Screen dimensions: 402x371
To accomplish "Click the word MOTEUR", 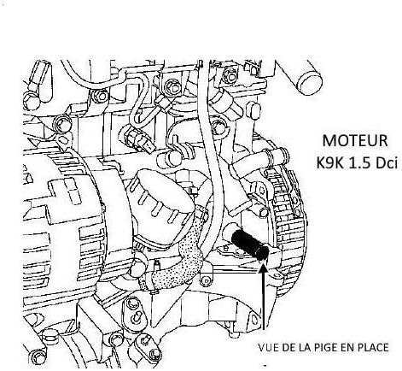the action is click(x=355, y=141).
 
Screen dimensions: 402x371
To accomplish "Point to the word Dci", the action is click(x=386, y=162).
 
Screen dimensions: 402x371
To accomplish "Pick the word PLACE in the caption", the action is click(x=374, y=348).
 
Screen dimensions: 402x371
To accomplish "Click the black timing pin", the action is click(x=250, y=244).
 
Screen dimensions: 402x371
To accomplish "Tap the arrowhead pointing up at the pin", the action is click(x=264, y=267).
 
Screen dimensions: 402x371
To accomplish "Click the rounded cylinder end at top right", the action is click(x=309, y=83).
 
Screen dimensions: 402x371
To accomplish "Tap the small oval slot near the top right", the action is click(x=255, y=111).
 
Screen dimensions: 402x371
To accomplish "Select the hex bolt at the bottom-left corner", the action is click(x=37, y=356).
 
